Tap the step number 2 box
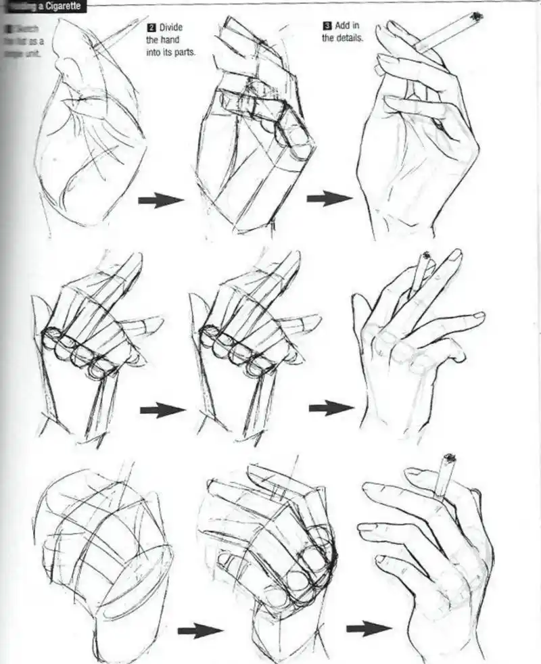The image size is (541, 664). click(x=152, y=28)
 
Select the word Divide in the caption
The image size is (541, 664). click(x=172, y=28)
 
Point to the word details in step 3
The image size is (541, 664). click(x=352, y=39)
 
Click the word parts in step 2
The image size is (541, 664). click(x=185, y=53)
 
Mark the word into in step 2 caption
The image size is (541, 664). click(x=155, y=53)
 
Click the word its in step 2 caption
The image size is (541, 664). click(x=170, y=53)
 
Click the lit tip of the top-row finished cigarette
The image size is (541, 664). click(x=477, y=16)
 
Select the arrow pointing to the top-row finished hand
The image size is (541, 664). click(x=329, y=198)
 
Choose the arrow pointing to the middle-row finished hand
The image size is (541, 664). click(x=331, y=408)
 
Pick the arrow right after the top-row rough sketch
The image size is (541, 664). click(x=161, y=199)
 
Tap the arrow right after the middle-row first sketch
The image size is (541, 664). click(x=162, y=410)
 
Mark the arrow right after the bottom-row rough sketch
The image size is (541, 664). click(x=201, y=631)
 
